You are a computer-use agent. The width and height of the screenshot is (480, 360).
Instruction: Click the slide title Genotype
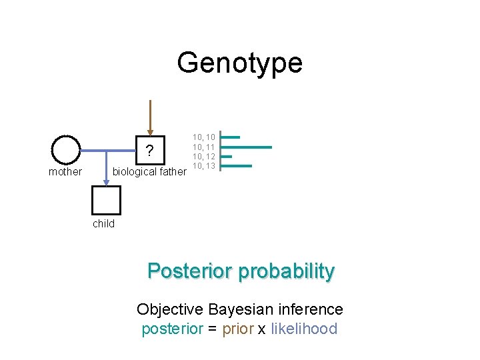[239, 63]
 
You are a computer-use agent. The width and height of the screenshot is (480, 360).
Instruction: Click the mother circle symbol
[66, 150]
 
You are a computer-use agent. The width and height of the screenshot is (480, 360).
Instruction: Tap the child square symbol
[107, 200]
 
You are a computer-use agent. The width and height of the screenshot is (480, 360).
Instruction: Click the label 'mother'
[65, 172]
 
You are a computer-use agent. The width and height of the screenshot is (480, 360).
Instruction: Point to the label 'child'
[103, 224]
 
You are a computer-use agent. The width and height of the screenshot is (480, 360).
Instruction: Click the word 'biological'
[135, 172]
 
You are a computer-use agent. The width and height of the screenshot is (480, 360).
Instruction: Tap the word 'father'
[173, 172]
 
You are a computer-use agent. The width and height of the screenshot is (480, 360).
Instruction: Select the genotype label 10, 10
[204, 137]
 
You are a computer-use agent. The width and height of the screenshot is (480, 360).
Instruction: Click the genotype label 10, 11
[204, 147]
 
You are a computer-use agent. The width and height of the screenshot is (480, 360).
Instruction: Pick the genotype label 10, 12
[204, 156]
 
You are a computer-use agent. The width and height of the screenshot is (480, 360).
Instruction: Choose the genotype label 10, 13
[204, 165]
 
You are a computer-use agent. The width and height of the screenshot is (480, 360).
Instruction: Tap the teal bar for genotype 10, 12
[226, 157]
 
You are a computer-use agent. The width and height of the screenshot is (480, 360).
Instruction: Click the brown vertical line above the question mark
[150, 120]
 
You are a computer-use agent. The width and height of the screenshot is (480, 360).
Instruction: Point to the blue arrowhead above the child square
[107, 181]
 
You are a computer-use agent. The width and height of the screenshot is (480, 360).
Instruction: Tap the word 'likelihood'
[304, 329]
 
